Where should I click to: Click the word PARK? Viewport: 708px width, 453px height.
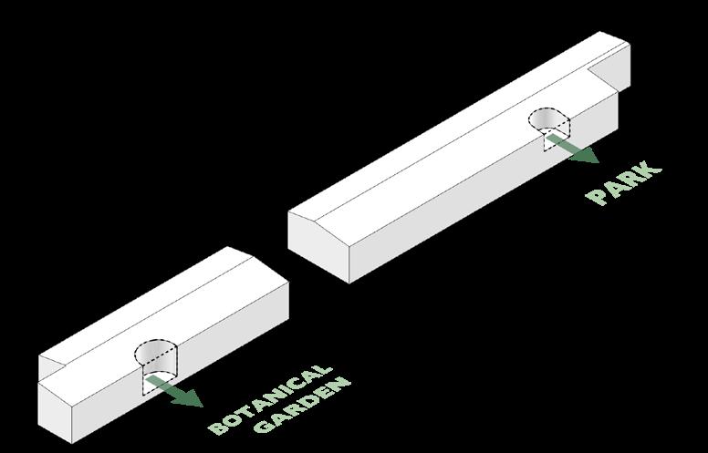coord(625,182)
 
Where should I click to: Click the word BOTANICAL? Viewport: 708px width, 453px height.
coord(270,399)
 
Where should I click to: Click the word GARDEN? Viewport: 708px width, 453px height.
coord(304,405)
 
